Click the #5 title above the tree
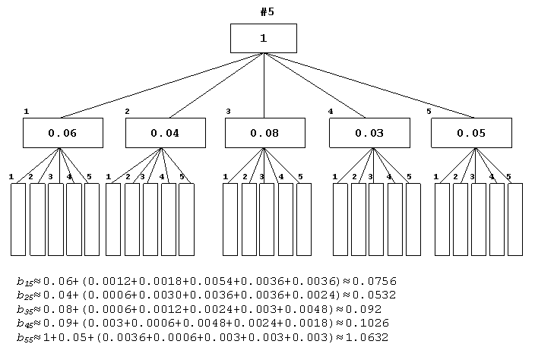(267, 12)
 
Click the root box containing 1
(264, 38)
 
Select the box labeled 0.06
(63, 133)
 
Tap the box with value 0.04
(166, 133)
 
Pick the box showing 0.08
(265, 133)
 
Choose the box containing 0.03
(369, 133)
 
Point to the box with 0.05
(471, 133)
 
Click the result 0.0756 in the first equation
(375, 281)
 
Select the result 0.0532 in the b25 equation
(375, 295)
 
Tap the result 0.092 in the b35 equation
(363, 309)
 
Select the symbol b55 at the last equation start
(24, 338)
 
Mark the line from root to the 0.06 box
(161, 86)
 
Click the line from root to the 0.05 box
(369, 86)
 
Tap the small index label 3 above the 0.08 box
(228, 112)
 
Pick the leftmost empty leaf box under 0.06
(18, 219)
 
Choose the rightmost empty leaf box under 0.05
(515, 219)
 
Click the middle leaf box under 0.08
(267, 219)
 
